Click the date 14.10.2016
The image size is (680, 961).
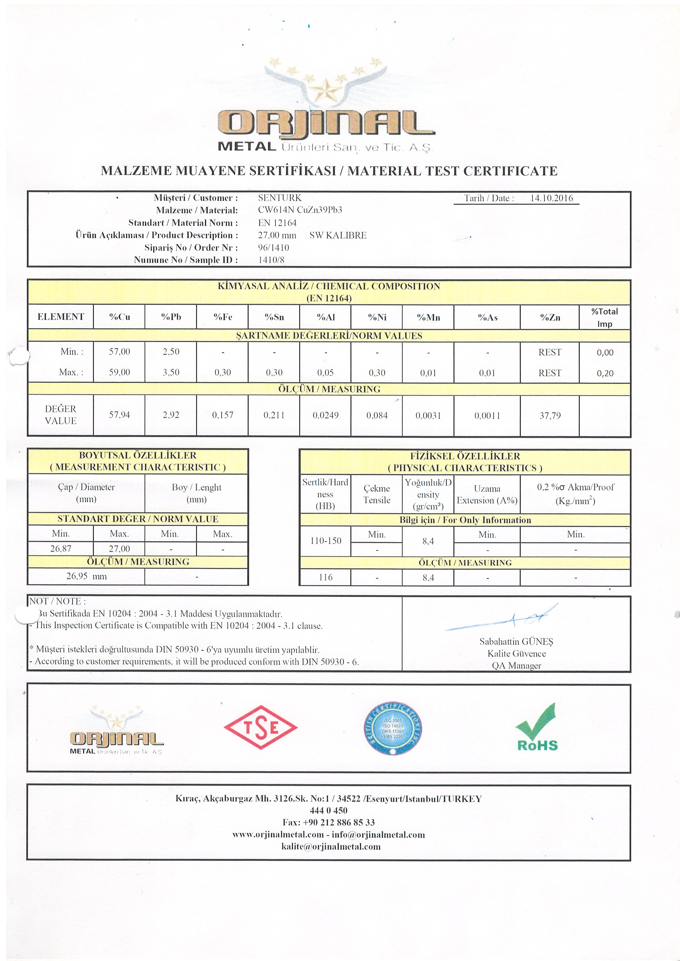[551, 198]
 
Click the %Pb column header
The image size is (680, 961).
[171, 317]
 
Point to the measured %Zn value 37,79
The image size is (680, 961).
[550, 416]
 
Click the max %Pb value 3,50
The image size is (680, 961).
[171, 372]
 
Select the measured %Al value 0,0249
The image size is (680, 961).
[325, 416]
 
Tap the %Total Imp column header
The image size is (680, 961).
[605, 317]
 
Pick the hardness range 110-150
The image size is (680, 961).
[325, 541]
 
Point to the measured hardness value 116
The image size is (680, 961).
[325, 577]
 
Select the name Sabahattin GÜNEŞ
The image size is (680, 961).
[516, 642]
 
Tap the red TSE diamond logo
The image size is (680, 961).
[260, 727]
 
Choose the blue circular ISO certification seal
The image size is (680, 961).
[393, 728]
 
